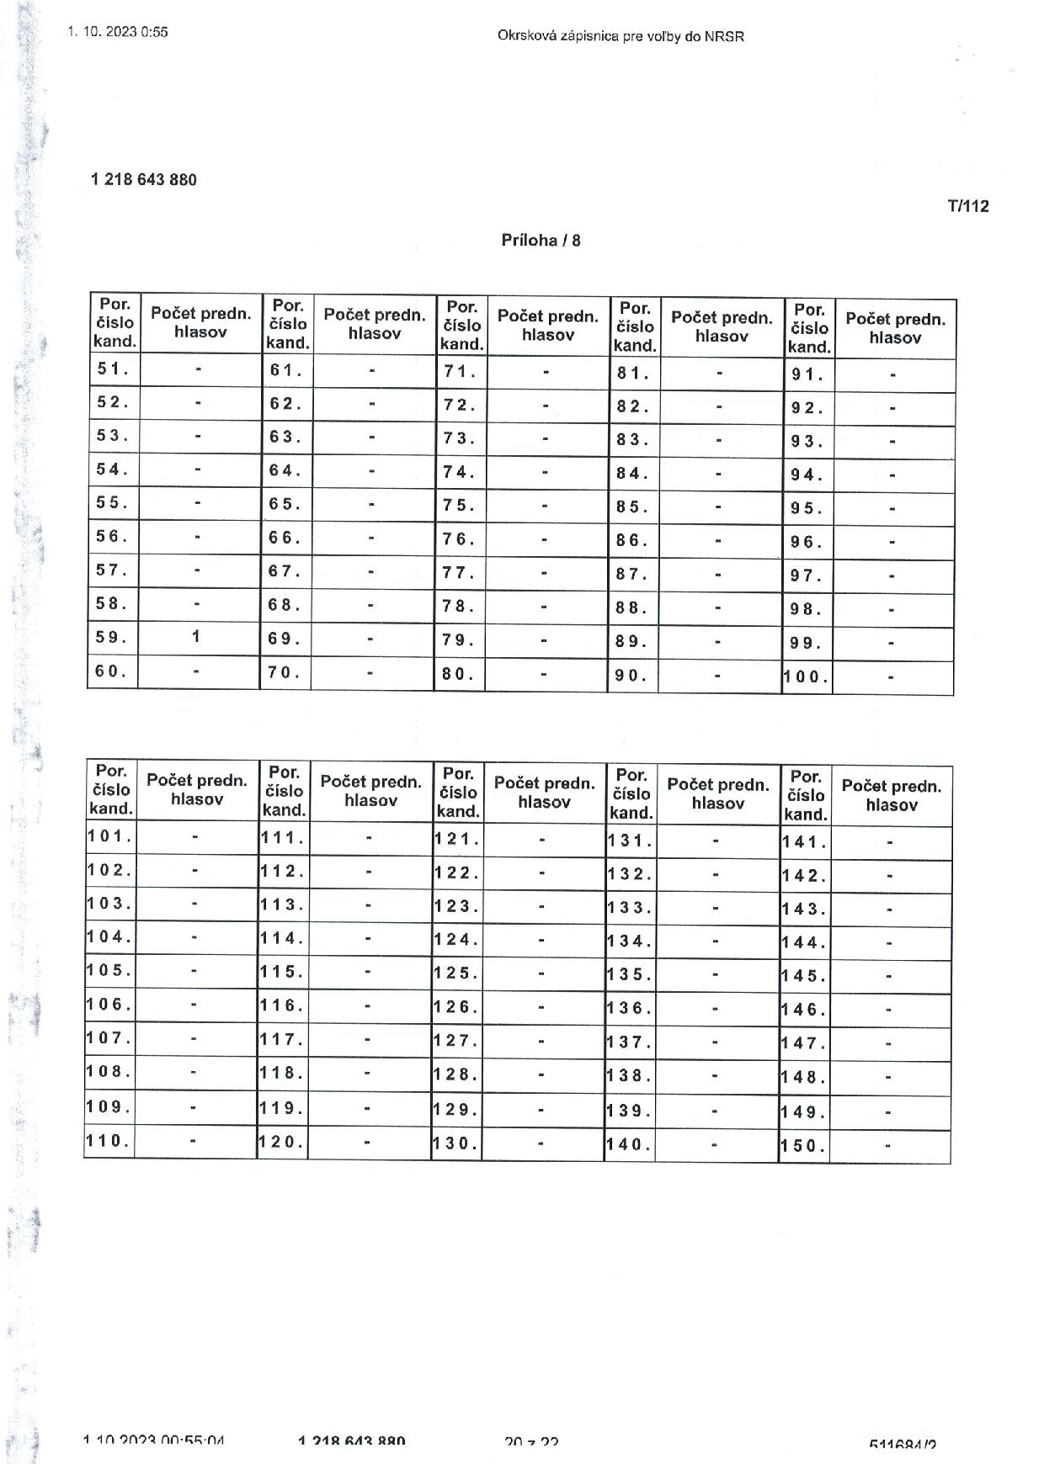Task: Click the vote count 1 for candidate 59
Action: click(x=196, y=637)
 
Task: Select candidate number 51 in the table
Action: click(x=113, y=369)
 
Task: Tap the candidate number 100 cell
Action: click(x=807, y=676)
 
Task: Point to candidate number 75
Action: click(x=460, y=506)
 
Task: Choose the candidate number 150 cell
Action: click(x=803, y=1145)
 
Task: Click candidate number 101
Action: click(x=109, y=836)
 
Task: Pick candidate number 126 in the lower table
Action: click(x=456, y=1006)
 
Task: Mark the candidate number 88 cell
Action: click(x=632, y=607)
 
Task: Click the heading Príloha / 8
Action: click(x=541, y=241)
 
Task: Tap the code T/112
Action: click(x=967, y=206)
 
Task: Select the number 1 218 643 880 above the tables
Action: click(x=144, y=180)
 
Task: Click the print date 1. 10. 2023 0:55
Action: click(x=118, y=32)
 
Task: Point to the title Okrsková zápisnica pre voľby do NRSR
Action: click(x=621, y=36)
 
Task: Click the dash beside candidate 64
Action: click(x=370, y=470)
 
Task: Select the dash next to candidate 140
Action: click(x=715, y=1144)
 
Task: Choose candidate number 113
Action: click(x=283, y=904)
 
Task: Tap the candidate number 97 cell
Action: click(x=807, y=576)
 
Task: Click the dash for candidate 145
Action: click(x=889, y=977)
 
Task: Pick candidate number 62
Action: click(x=286, y=403)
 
